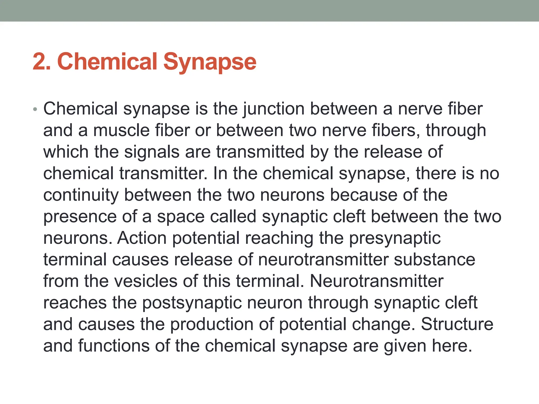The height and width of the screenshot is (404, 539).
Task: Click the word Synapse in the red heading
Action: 209,62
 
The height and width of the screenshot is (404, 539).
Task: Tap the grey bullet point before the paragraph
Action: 35,109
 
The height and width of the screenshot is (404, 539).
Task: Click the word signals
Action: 152,152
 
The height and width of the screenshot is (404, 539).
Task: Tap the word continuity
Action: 81,195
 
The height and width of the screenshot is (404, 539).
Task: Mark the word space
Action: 181,217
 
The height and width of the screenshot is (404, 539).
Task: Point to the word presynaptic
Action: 395,238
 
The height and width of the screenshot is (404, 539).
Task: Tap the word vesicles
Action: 146,281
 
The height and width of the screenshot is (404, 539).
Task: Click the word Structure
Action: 457,325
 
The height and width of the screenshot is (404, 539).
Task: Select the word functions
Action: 114,346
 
